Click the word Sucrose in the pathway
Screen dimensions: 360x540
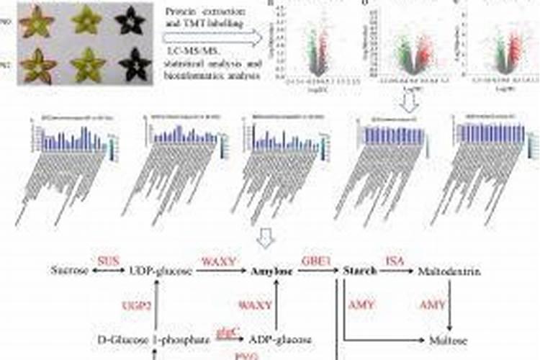(70, 271)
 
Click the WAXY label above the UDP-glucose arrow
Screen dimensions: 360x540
(218, 260)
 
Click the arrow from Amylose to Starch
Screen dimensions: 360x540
(316, 271)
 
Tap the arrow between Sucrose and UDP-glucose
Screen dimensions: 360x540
(107, 271)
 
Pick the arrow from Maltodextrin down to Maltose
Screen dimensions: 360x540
(449, 302)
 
